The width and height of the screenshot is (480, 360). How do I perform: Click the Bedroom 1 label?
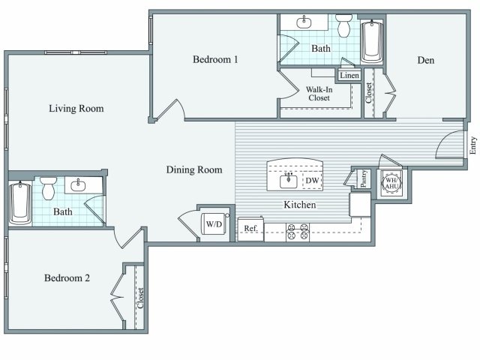point(215,59)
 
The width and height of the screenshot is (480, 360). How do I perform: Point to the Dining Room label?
point(194,169)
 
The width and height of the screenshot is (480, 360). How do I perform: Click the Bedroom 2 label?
point(67,277)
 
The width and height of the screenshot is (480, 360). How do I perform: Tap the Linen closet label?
point(349,75)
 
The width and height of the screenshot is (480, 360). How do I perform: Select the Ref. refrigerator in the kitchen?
point(250,229)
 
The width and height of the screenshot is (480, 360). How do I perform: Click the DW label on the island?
point(312,181)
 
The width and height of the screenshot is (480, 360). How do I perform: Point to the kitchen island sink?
point(289,180)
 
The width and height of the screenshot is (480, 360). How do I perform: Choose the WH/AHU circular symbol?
point(392,182)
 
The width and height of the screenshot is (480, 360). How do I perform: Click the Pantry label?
point(364,179)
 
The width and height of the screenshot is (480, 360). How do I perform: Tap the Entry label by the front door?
point(472,145)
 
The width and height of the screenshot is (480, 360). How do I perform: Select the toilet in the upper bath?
point(344,26)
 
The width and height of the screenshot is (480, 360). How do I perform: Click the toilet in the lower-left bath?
point(49,187)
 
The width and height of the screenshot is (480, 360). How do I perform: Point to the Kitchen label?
point(299,205)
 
